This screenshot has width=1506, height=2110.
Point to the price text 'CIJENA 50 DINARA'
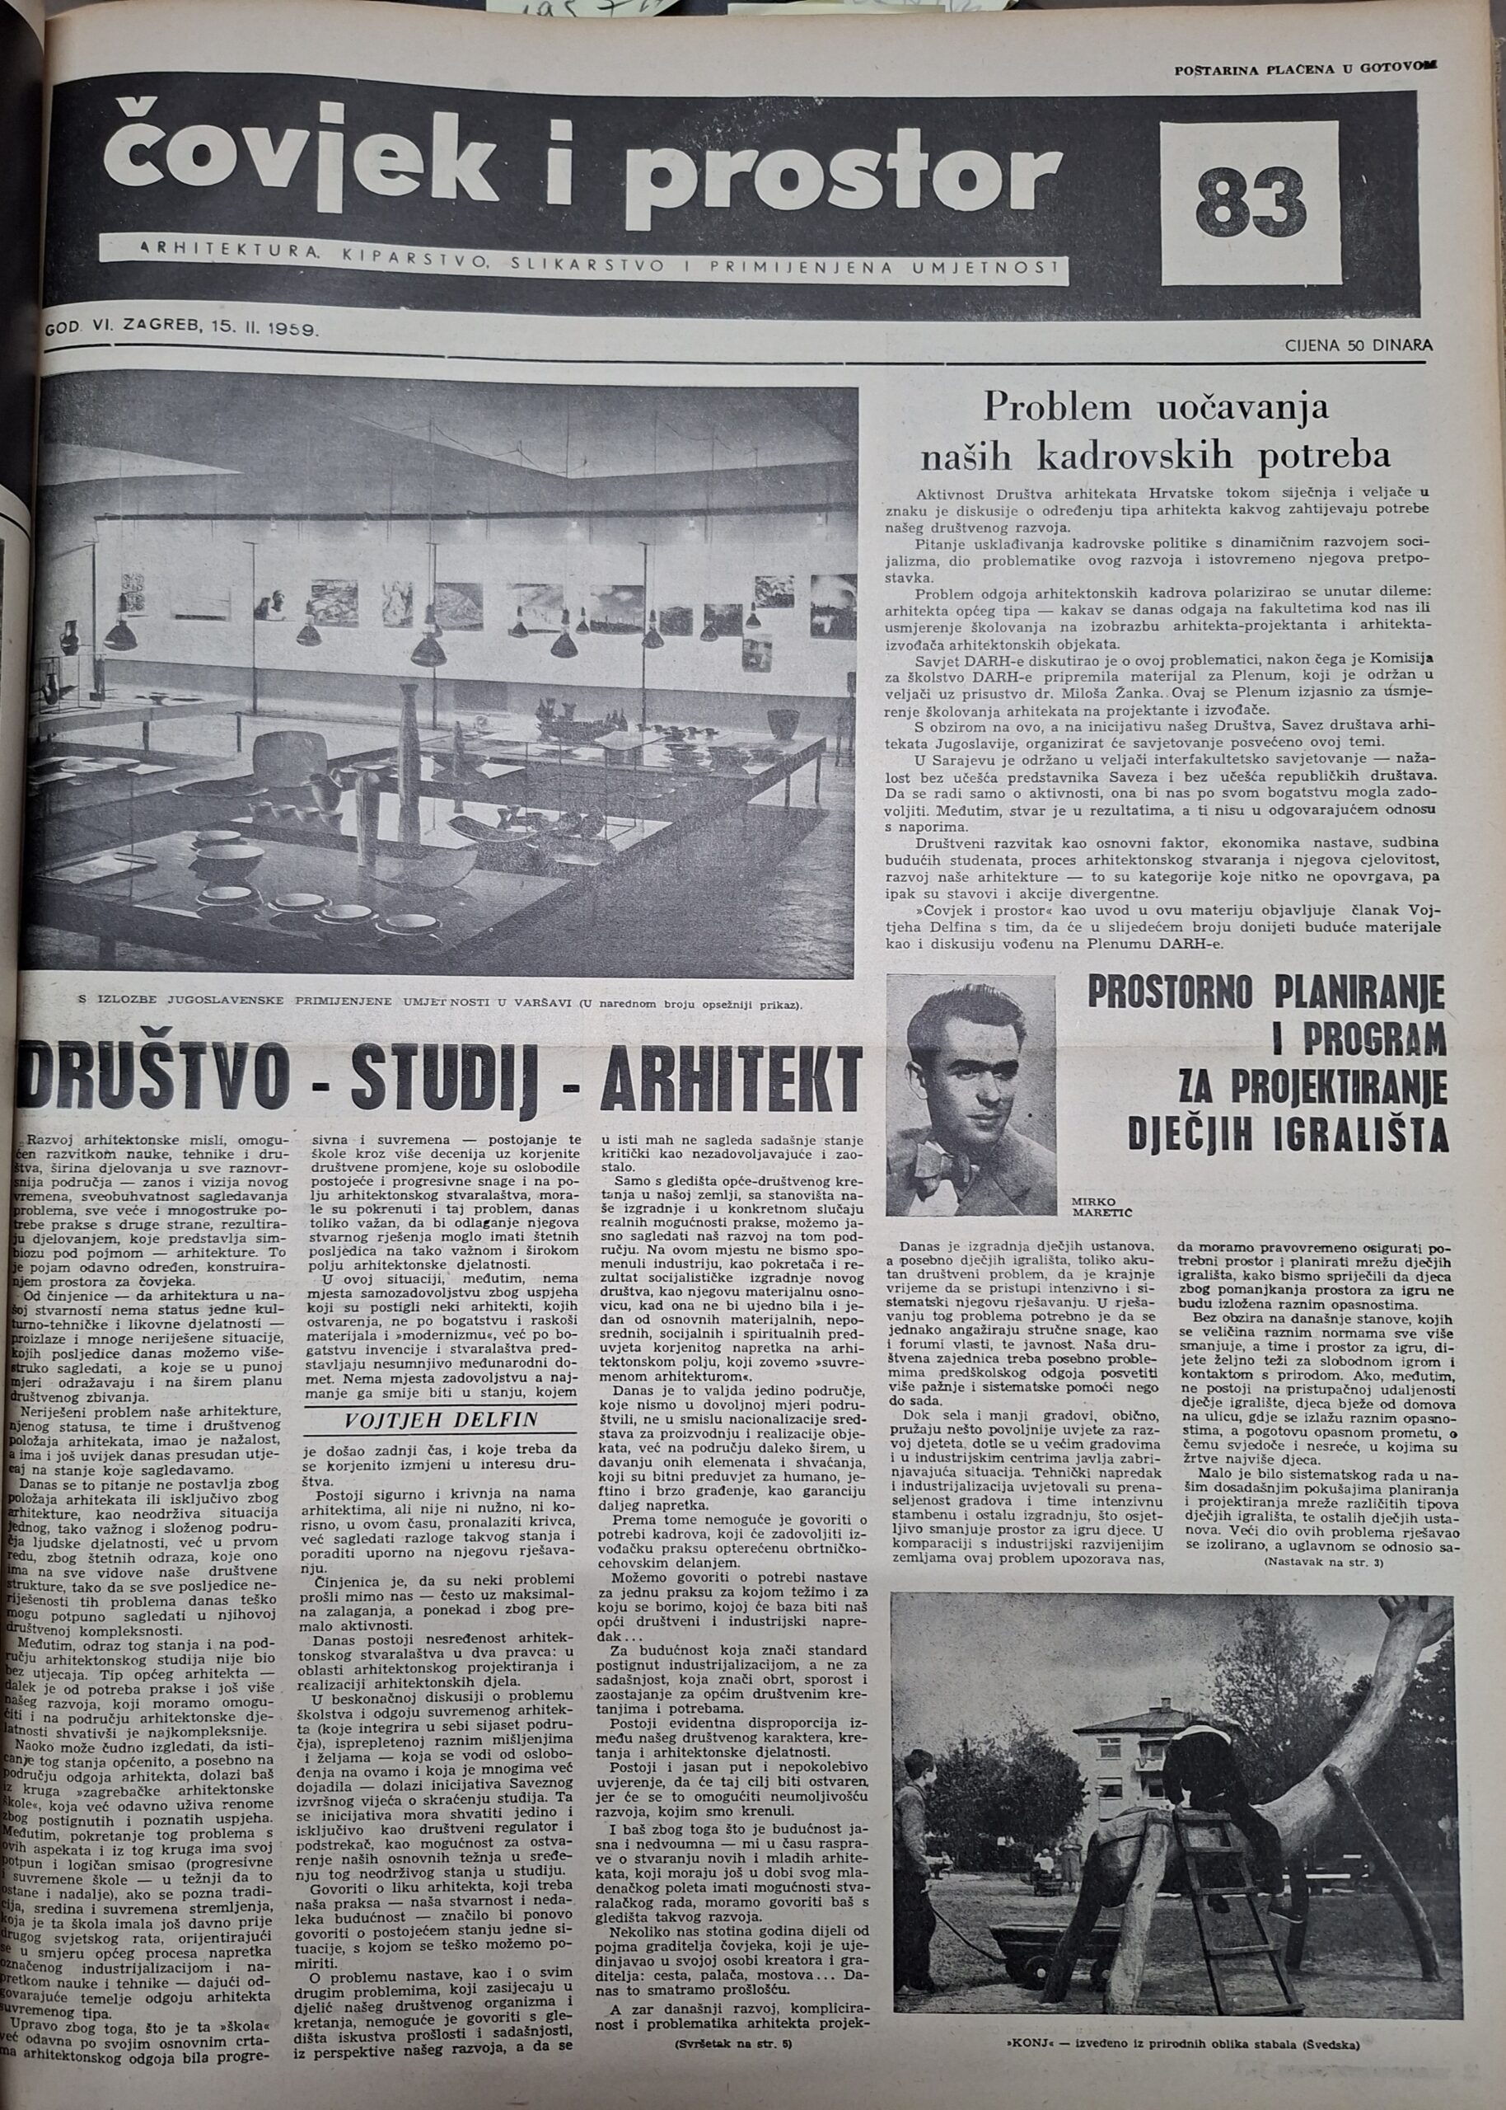point(1358,345)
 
